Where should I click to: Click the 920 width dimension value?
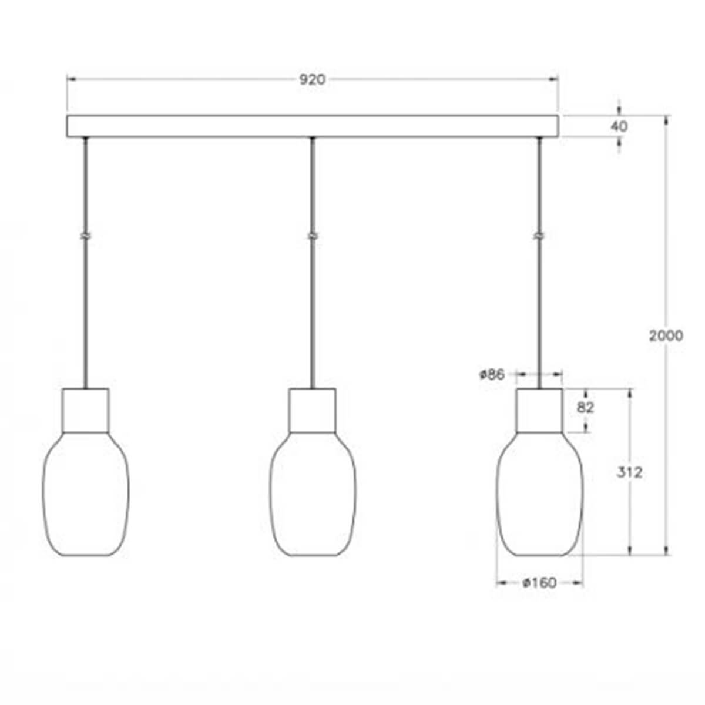pyautogui.click(x=312, y=80)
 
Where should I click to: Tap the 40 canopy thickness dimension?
pyautogui.click(x=619, y=126)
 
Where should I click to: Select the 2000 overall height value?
pyautogui.click(x=666, y=335)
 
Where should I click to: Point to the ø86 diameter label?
pyautogui.click(x=492, y=374)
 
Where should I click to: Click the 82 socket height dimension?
pyautogui.click(x=586, y=408)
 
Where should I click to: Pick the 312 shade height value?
pyautogui.click(x=629, y=472)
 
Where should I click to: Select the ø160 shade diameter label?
pyautogui.click(x=539, y=583)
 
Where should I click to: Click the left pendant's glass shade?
pyautogui.click(x=86, y=493)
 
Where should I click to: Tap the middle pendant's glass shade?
pyautogui.click(x=313, y=493)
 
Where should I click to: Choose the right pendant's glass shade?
pyautogui.click(x=540, y=493)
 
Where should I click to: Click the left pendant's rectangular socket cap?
pyautogui.click(x=86, y=409)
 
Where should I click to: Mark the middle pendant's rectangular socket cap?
pyautogui.click(x=313, y=409)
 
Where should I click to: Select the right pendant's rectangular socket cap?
pyautogui.click(x=540, y=409)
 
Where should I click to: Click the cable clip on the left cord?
pyautogui.click(x=86, y=236)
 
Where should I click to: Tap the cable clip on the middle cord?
pyautogui.click(x=313, y=236)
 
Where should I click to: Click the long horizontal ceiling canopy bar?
pyautogui.click(x=312, y=126)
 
